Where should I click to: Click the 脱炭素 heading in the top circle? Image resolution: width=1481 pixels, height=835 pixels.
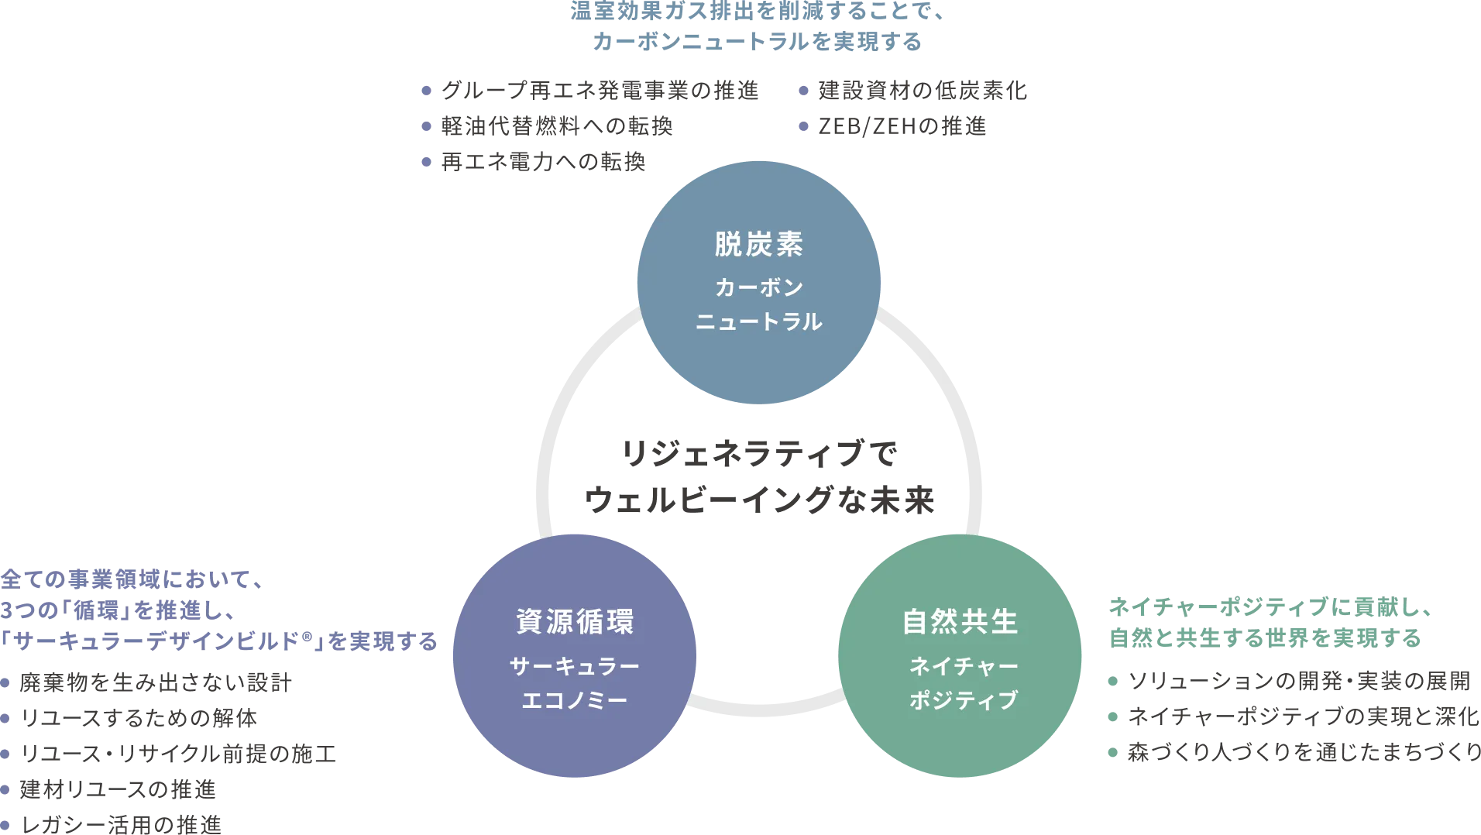pyautogui.click(x=758, y=245)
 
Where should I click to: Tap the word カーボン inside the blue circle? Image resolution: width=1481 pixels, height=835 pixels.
pyautogui.click(x=758, y=287)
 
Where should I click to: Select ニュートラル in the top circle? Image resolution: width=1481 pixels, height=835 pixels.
pyautogui.click(x=758, y=321)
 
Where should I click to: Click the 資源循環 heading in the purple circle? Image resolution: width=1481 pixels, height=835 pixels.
pyautogui.click(x=575, y=622)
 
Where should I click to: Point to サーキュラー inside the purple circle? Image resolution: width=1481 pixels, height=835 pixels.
pyautogui.click(x=575, y=665)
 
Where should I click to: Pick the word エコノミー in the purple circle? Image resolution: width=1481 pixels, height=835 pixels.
pyautogui.click(x=575, y=700)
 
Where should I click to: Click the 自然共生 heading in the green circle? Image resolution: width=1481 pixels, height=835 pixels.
pyautogui.click(x=960, y=622)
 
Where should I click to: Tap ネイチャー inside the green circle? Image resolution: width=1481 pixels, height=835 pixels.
pyautogui.click(x=964, y=665)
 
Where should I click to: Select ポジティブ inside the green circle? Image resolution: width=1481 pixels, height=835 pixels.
pyautogui.click(x=964, y=700)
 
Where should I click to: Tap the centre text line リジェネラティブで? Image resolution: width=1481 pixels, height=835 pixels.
pyautogui.click(x=758, y=455)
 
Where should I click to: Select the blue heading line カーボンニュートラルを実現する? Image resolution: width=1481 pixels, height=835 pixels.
pyautogui.click(x=756, y=43)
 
